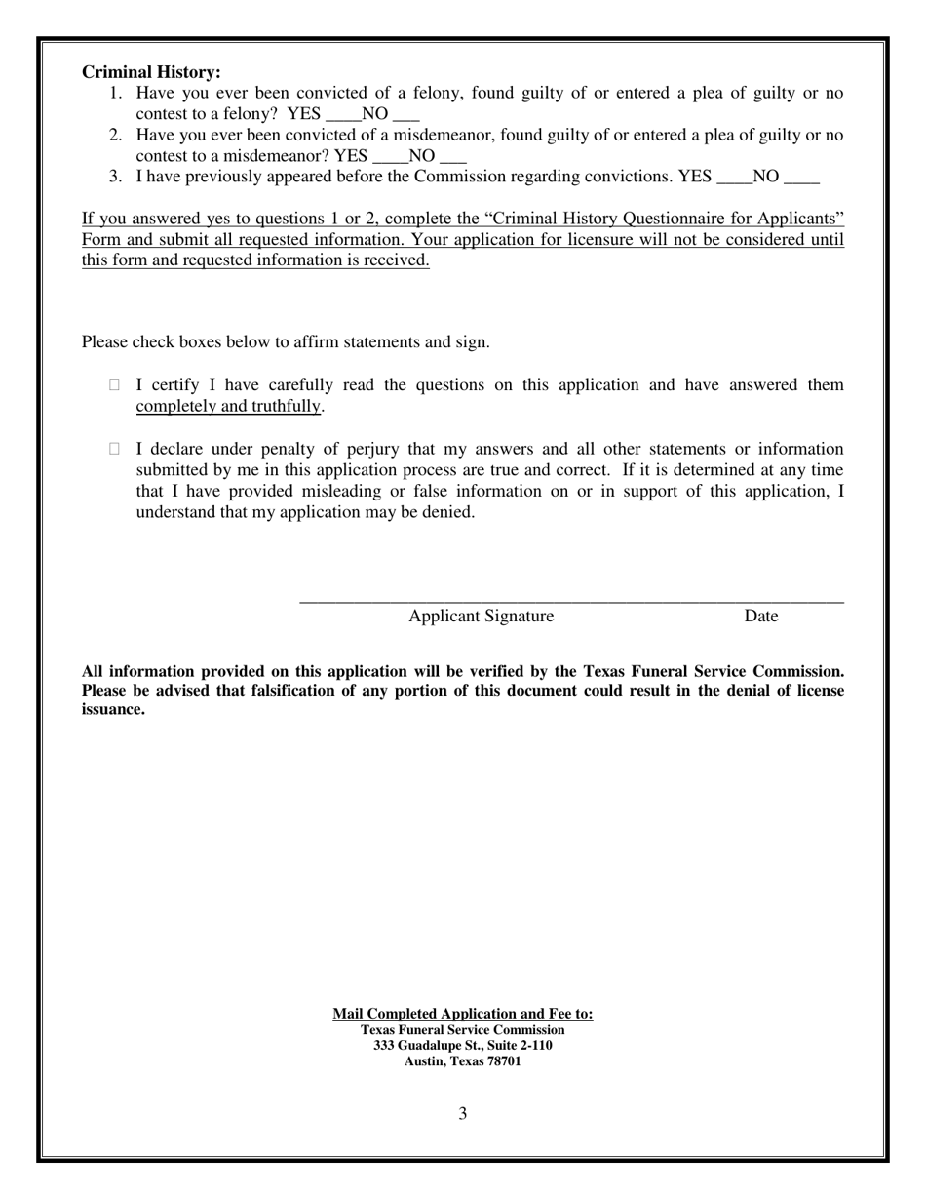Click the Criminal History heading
151,72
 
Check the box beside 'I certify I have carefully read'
114,385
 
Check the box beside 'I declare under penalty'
114,449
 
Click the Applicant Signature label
481,616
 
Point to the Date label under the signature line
760,616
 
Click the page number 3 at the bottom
462,1113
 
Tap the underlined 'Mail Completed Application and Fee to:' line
462,1014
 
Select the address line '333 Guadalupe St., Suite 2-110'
462,1045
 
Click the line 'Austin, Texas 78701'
462,1061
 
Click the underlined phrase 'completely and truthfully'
228,406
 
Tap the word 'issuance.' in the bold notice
113,709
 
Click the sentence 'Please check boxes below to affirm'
286,341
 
